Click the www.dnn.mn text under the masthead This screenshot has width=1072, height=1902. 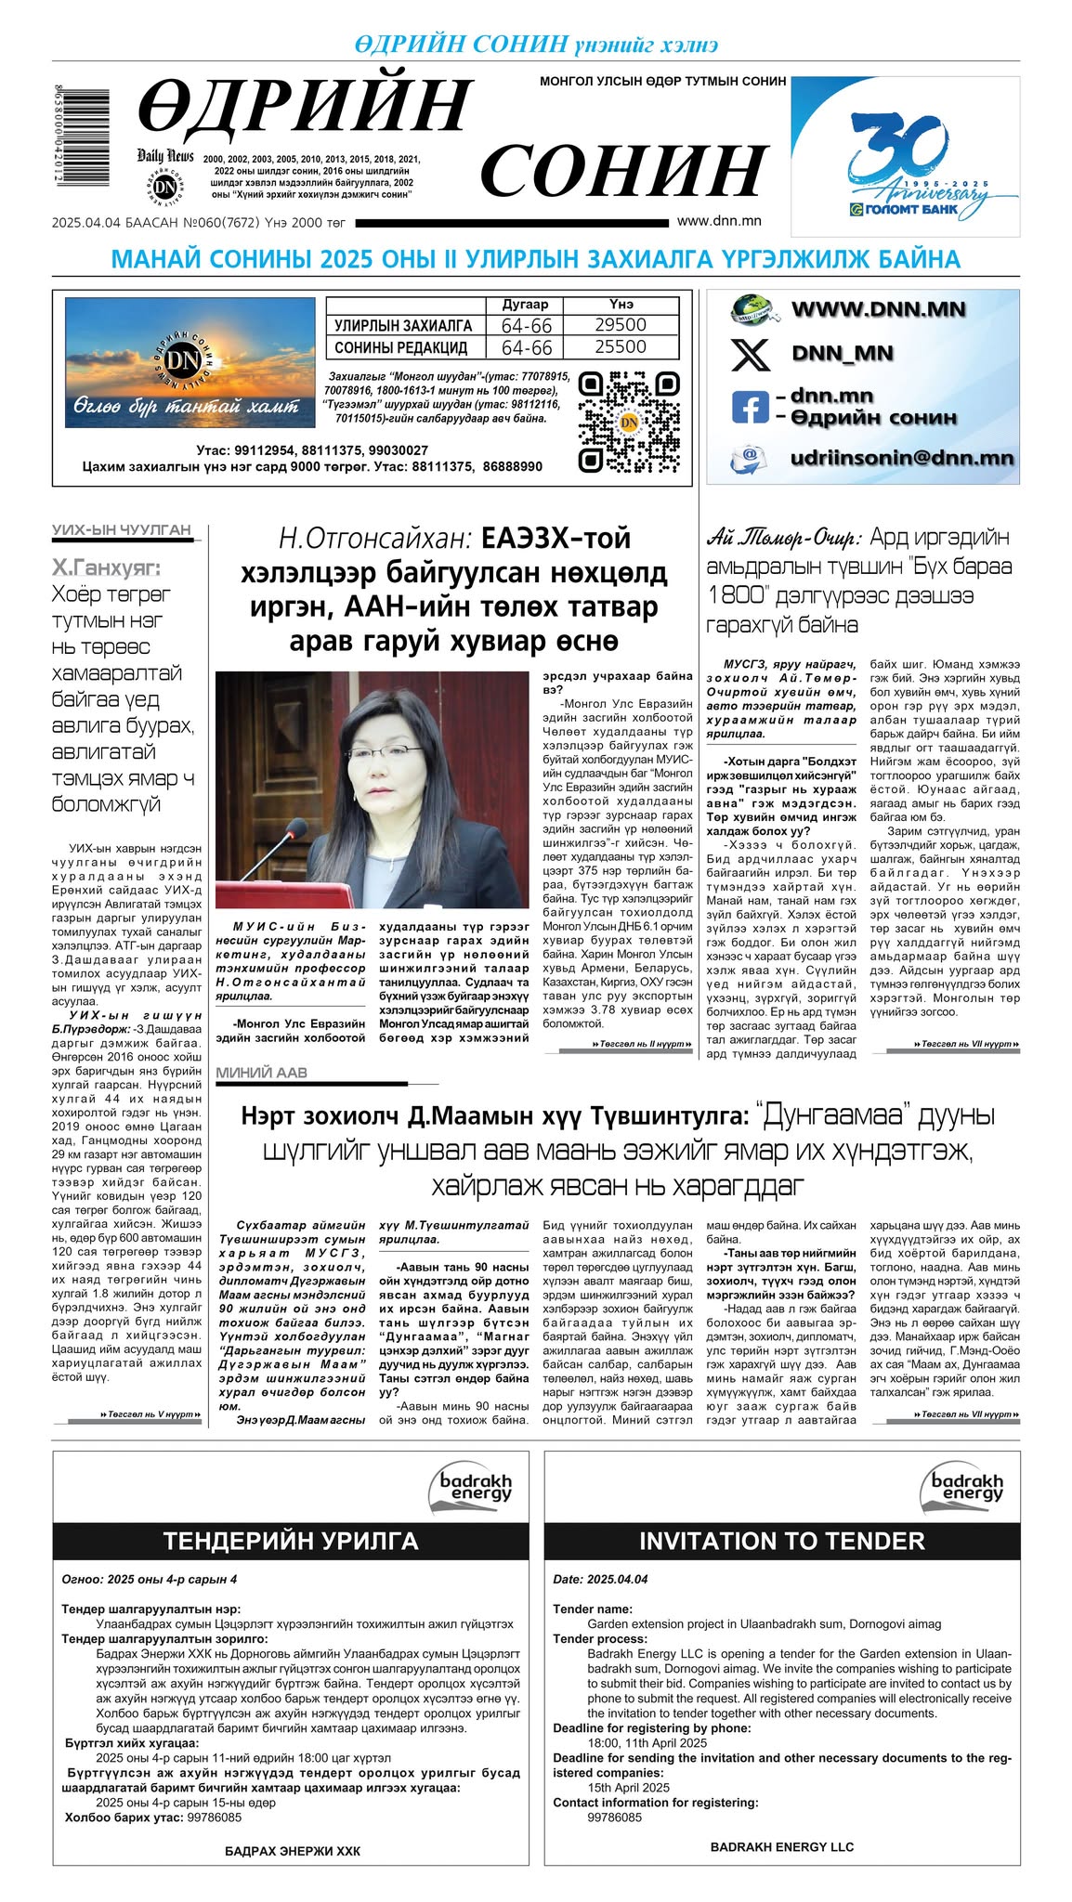point(719,221)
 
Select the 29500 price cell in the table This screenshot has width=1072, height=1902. point(621,325)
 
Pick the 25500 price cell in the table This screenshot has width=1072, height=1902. point(621,347)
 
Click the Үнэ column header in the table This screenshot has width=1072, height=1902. point(621,305)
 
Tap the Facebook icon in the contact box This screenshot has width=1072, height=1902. point(750,407)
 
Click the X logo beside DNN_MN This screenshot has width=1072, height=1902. point(750,354)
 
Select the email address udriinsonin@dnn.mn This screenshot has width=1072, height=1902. point(901,458)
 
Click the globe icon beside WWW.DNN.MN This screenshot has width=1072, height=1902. point(752,309)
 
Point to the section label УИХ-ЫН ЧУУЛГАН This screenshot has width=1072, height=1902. point(121,530)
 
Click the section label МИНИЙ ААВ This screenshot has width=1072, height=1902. point(261,1073)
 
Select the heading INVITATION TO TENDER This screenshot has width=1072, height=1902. point(781,1542)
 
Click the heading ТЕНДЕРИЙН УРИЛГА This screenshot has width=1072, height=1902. point(291,1542)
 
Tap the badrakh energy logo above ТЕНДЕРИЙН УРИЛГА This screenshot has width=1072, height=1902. point(475,1485)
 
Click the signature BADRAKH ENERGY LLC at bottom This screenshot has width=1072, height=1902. point(781,1846)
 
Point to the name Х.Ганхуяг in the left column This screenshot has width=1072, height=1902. point(105,567)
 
